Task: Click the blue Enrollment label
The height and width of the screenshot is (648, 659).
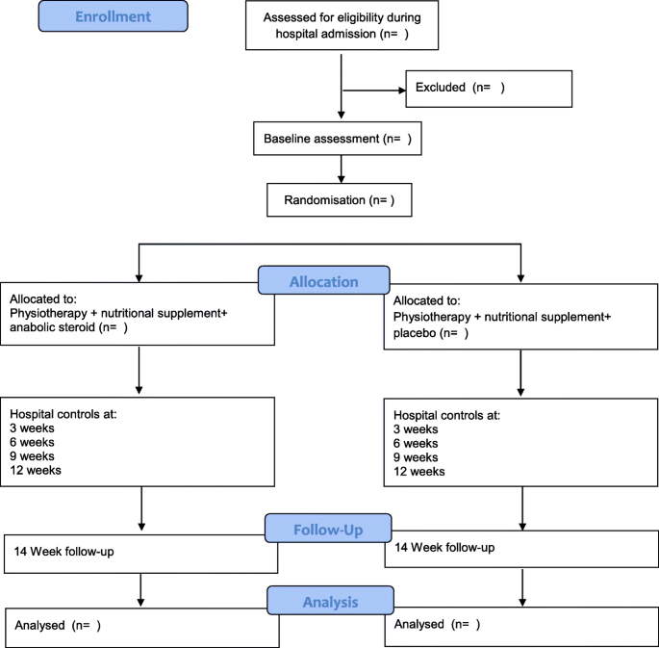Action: point(114,15)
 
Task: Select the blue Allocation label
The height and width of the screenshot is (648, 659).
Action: point(323,282)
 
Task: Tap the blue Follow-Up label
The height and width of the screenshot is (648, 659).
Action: point(328,529)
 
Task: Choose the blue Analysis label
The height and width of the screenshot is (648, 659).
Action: point(330,602)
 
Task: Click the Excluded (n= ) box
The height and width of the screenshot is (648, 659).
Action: point(489,88)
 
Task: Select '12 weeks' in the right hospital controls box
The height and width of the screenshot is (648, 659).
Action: point(419,472)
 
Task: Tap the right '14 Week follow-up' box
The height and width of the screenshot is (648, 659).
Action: point(520,548)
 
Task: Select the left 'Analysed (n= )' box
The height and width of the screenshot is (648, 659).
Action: point(140,626)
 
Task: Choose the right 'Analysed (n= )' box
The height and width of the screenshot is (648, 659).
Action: point(520,624)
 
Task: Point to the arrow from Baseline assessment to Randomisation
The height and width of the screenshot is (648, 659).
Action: point(341,168)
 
